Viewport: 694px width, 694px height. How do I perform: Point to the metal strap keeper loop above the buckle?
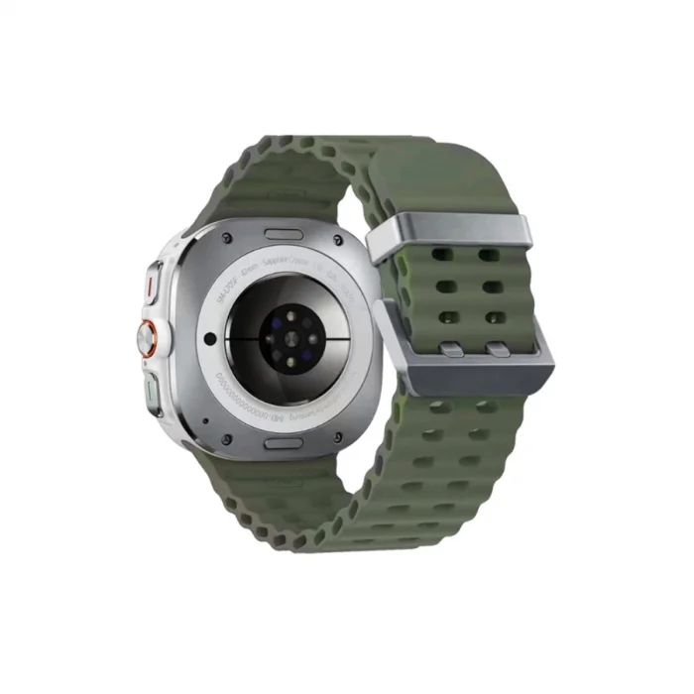coord(448,236)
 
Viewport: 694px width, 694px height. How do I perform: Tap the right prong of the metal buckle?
coord(497,349)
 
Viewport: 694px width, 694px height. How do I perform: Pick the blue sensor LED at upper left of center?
coord(271,319)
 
